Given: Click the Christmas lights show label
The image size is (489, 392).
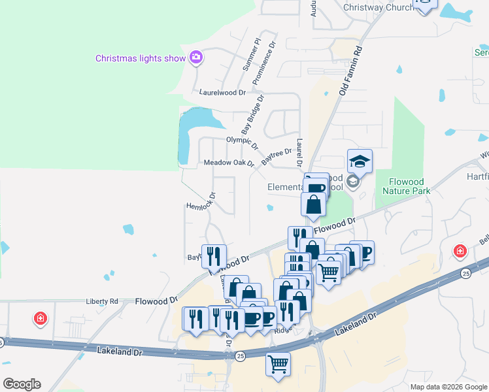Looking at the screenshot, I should pos(141,58).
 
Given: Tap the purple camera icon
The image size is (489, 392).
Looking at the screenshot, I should pos(195,57).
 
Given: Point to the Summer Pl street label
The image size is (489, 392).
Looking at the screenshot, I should pos(251,54).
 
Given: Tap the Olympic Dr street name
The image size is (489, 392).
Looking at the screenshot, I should pos(243,141).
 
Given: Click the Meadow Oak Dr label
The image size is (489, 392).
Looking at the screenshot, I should pos(228,163).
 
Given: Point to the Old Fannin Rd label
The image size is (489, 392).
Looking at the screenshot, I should pos(350,71).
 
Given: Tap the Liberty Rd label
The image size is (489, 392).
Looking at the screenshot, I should pos(102,301).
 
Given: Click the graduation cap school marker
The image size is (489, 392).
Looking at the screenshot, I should pos(360,161).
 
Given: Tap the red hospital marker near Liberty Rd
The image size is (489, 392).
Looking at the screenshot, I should pos(41,319).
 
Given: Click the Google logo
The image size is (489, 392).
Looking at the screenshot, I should pos(22,384).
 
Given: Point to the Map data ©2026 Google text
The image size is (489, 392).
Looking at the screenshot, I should pos(448,387).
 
